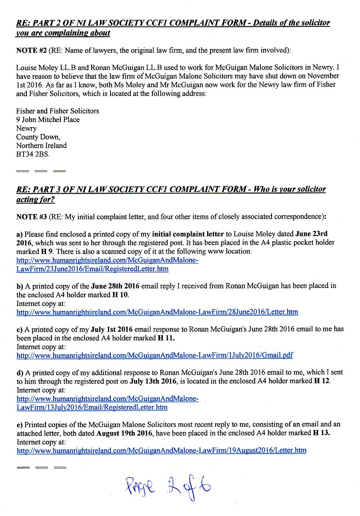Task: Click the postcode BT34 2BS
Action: pos(33,154)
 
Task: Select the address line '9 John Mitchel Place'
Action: pos(48,120)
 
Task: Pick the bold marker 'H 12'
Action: pos(322,381)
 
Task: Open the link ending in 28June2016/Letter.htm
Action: pos(157,312)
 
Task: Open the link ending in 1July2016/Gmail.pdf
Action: pos(154,355)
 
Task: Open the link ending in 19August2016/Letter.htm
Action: pos(161,450)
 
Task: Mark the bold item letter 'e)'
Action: pos(20,424)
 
